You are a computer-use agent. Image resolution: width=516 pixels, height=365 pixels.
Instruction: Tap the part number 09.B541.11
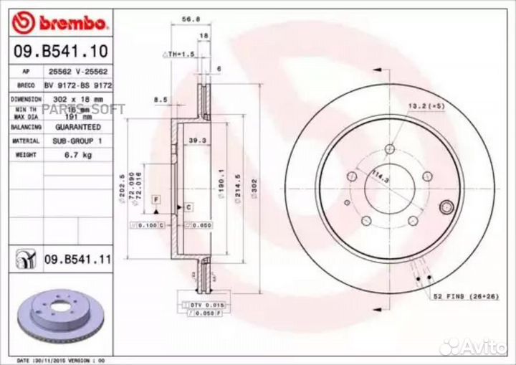point(77,260)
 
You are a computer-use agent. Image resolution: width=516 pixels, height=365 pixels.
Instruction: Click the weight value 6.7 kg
point(77,154)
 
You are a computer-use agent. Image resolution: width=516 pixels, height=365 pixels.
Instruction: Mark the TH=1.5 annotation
point(179,54)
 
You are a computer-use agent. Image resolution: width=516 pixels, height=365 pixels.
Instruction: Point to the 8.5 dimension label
point(161,100)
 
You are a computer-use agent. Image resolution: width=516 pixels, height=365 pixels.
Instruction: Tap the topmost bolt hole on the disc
point(389,149)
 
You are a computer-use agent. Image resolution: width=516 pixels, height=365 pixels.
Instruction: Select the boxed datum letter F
point(156,196)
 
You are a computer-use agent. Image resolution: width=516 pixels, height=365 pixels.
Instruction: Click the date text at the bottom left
point(62,359)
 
